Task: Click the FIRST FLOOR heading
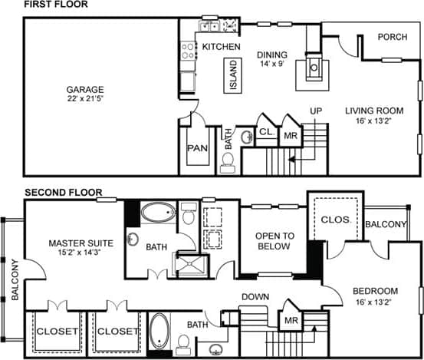click(56, 5)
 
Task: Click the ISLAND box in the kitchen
click(234, 76)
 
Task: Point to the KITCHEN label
click(222, 48)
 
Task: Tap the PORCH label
click(392, 36)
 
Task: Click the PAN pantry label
click(195, 147)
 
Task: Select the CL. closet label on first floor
click(266, 132)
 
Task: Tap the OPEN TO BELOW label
click(274, 241)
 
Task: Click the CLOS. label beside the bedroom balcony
click(336, 220)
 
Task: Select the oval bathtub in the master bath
click(159, 213)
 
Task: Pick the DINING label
click(271, 54)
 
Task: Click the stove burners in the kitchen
click(188, 51)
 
